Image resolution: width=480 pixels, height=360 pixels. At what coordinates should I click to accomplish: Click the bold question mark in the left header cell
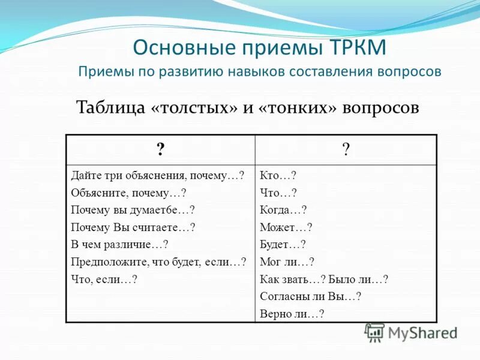[160, 149]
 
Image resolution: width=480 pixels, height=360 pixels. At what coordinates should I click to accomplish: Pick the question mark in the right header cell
[346, 149]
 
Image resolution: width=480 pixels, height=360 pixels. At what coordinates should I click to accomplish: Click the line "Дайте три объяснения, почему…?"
[157, 176]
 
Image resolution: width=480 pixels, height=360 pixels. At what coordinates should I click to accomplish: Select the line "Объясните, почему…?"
[128, 193]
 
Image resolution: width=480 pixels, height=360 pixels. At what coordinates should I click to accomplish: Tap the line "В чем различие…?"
[119, 244]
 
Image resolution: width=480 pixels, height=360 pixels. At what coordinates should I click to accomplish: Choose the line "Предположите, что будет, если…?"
[158, 262]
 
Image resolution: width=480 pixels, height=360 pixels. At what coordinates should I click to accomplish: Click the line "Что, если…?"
[104, 279]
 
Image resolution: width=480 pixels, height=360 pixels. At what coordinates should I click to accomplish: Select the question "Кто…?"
[278, 176]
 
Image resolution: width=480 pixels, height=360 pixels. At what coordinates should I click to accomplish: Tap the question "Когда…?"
[283, 210]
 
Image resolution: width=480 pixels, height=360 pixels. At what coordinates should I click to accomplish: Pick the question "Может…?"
[286, 227]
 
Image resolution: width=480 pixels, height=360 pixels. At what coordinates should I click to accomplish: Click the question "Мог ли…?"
[287, 262]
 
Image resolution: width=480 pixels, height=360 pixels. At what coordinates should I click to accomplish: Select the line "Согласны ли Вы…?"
[310, 296]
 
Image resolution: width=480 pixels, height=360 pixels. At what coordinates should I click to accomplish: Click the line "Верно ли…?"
[292, 313]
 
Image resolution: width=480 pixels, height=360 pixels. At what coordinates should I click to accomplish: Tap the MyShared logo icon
[374, 333]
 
